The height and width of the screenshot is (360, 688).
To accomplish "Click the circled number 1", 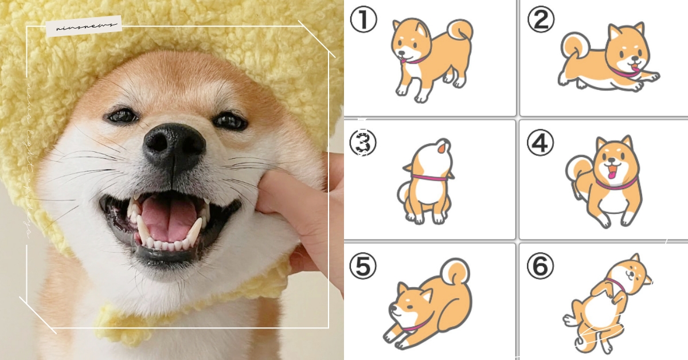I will (363, 20).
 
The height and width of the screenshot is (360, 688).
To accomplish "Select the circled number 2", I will (541, 20).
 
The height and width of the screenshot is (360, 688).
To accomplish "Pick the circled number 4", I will (541, 143).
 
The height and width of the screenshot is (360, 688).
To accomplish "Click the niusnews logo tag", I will (84, 26).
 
